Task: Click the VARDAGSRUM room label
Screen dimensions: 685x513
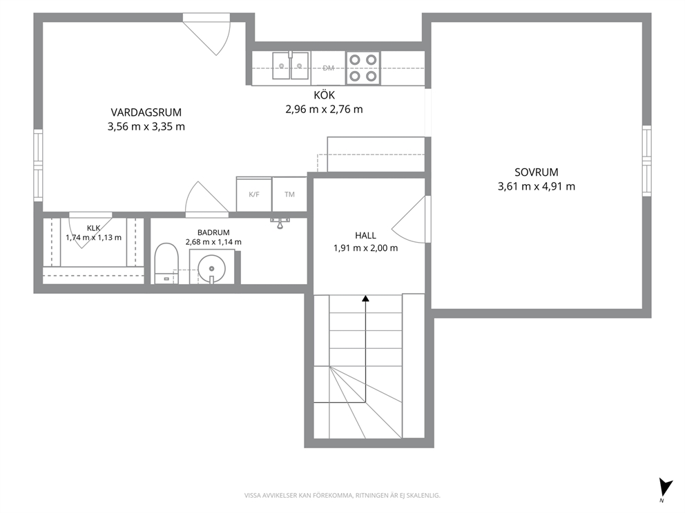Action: tap(146, 112)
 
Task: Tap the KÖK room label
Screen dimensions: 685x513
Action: tap(324, 94)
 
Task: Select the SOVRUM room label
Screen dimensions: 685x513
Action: tap(537, 172)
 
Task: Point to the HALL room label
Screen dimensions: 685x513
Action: tap(366, 236)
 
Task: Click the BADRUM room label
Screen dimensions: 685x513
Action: tap(213, 232)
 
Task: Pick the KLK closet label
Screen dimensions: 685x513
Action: tap(93, 228)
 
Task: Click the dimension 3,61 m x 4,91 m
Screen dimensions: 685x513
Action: tap(537, 187)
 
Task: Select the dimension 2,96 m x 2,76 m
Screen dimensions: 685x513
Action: tap(324, 110)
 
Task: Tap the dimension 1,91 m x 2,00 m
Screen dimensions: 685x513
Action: tap(366, 248)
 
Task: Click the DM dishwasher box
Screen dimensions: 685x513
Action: tap(329, 68)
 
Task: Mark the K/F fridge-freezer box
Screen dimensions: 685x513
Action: tap(254, 194)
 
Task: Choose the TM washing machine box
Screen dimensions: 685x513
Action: tap(289, 194)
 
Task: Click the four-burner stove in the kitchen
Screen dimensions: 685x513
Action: tap(363, 68)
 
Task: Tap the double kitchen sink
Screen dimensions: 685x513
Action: tap(291, 66)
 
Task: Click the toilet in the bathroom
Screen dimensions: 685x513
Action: tap(166, 263)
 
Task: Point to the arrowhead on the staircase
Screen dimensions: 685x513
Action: tap(366, 299)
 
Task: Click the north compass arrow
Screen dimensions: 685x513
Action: tap(666, 487)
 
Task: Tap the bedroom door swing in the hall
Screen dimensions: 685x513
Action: tap(409, 219)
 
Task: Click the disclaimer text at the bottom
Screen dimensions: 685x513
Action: tap(342, 496)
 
